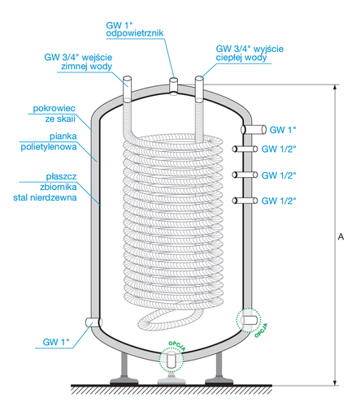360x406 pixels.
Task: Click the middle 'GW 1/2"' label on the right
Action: point(279,175)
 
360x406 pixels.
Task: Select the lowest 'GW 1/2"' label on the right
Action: point(279,200)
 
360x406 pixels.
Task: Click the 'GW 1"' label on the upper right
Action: point(284,128)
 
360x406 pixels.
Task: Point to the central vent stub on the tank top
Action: point(173,84)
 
